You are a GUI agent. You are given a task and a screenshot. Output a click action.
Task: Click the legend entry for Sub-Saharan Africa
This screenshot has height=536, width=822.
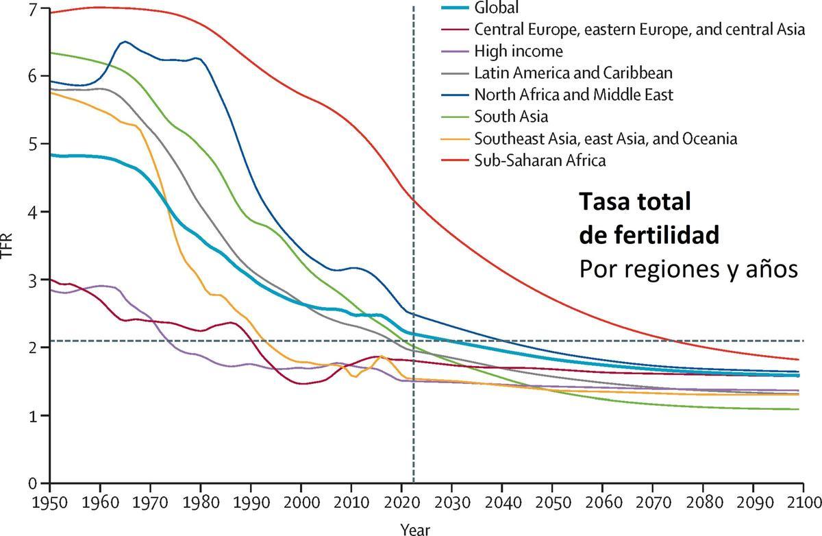[x=540, y=160]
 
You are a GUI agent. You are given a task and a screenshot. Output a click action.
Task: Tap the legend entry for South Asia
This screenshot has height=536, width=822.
[x=510, y=117]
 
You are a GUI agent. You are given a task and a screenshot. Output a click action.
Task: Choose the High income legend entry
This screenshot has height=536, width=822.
[x=518, y=51]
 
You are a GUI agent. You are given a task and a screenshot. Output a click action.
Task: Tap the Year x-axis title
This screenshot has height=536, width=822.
[x=416, y=528]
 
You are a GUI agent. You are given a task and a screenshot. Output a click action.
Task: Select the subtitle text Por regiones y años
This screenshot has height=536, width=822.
[x=688, y=269]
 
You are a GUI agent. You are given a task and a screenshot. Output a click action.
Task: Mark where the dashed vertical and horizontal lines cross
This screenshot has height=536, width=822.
[x=413, y=341]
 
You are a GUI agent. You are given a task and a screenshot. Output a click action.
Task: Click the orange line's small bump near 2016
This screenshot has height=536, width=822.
[x=382, y=356]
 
